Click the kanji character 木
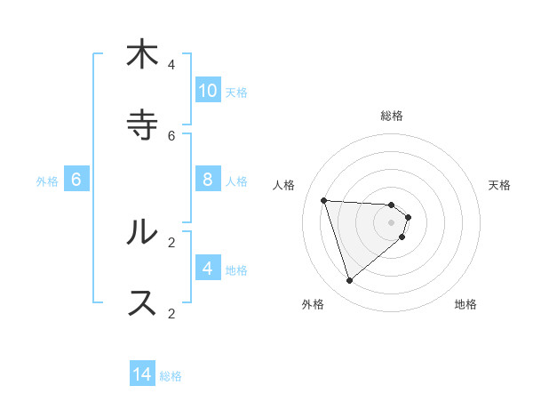(142, 55)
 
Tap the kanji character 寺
(142, 125)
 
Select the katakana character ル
(142, 233)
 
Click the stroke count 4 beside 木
(171, 64)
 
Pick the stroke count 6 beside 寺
(171, 135)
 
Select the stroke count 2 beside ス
(171, 312)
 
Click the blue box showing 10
(208, 91)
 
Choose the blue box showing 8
(208, 180)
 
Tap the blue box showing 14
(142, 375)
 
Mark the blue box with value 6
(76, 180)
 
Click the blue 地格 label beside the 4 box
(236, 270)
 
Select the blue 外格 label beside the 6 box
(47, 181)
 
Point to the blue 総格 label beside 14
(171, 376)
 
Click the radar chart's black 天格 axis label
(499, 185)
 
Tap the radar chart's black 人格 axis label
(283, 185)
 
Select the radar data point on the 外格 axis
(349, 280)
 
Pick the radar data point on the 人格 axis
(324, 200)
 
